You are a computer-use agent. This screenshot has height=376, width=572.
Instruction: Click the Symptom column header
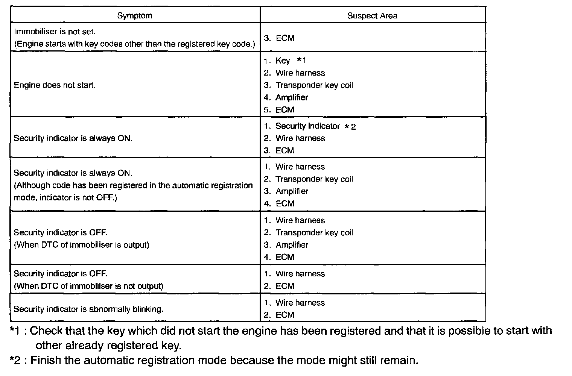[x=135, y=15]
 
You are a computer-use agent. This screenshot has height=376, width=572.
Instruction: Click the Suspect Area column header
[x=372, y=16]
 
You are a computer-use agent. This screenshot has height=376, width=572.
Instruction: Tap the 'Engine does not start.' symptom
[x=55, y=85]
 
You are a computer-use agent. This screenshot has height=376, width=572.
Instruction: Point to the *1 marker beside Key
[x=301, y=60]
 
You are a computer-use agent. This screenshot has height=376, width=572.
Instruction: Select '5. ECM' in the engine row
[x=279, y=110]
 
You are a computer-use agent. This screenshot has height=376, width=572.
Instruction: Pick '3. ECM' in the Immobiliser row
[x=279, y=38]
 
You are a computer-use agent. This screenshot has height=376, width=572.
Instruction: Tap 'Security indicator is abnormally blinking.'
[x=88, y=309]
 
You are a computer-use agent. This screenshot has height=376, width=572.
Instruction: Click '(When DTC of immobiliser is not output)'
[x=88, y=286]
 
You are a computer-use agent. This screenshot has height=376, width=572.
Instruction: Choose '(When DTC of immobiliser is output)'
[x=81, y=245]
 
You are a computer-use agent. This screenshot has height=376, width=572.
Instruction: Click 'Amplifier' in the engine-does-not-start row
[x=292, y=97]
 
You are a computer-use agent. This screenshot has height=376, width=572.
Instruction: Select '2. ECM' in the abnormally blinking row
[x=279, y=315]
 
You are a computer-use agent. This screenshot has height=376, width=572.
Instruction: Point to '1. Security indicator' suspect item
[x=302, y=126]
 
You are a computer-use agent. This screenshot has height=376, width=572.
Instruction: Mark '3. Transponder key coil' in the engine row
[x=308, y=85]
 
